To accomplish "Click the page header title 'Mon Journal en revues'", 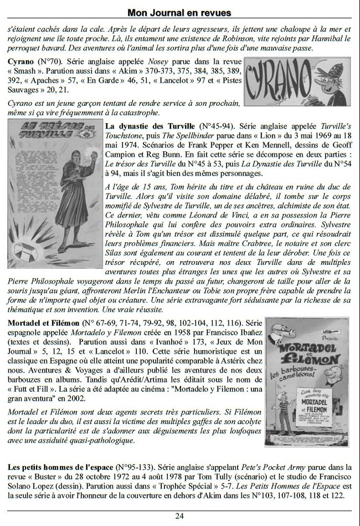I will point(179,12).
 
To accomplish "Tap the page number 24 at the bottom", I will point(179,515).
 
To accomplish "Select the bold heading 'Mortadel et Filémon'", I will point(44,322).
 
